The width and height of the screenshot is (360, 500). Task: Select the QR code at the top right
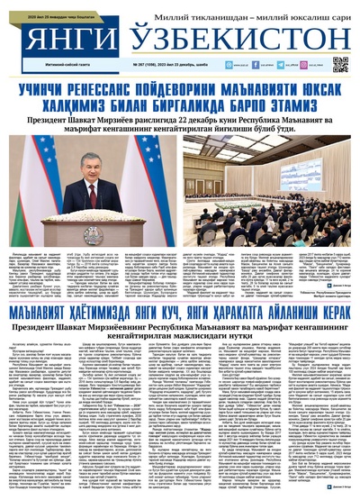point(340,63)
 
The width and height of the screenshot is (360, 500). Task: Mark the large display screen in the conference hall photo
point(269,153)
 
